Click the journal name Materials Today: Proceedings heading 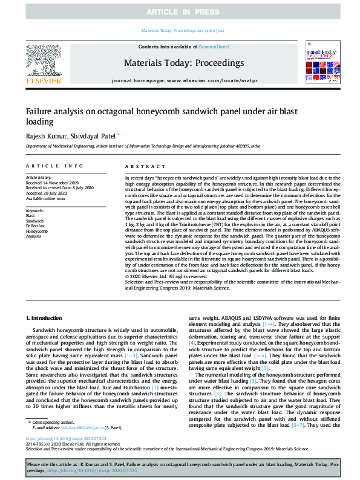pyautogui.click(x=183, y=63)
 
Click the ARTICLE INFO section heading pyautogui.click(x=54, y=166)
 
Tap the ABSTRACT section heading pyautogui.click(x=142, y=166)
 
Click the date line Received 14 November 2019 pyautogui.click(x=52, y=183)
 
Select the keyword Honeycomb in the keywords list pyautogui.click(x=36, y=231)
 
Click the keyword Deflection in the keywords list pyautogui.click(x=35, y=225)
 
